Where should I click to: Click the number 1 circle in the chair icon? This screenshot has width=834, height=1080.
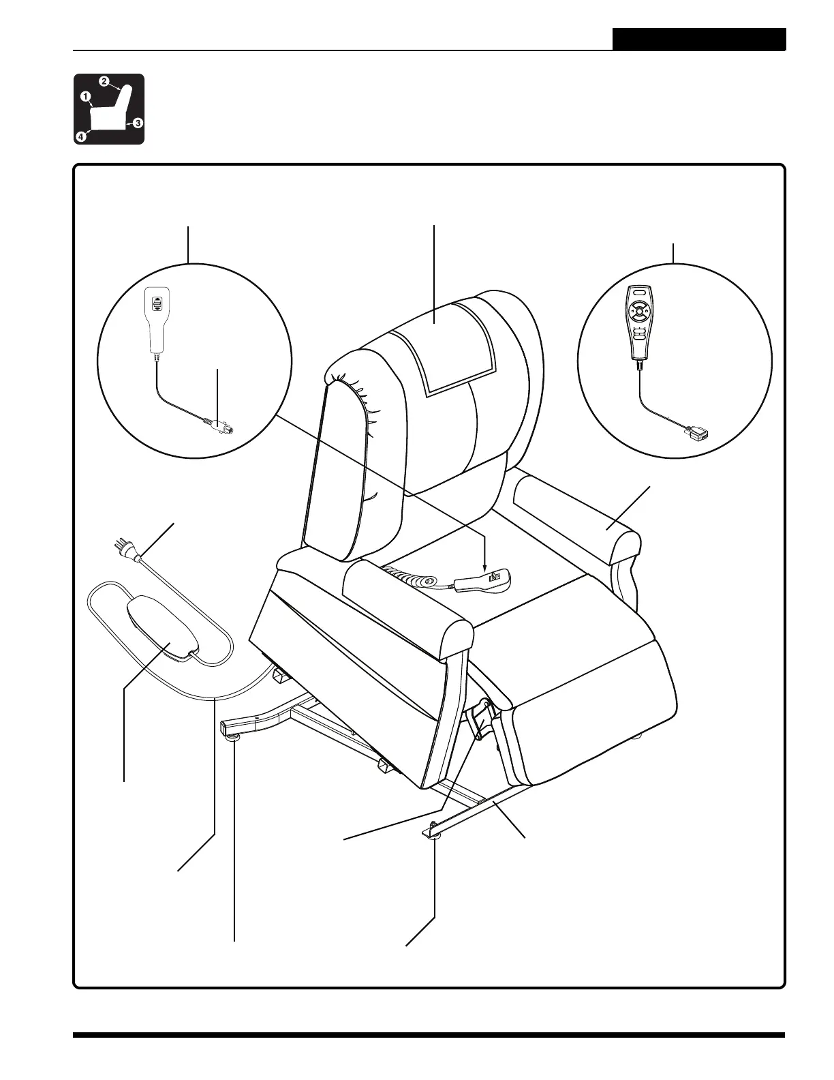[86, 97]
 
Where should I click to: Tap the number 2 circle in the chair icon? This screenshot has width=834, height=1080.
[104, 82]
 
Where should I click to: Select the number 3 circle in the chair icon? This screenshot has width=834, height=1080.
[138, 123]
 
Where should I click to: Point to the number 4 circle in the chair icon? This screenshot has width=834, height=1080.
[80, 136]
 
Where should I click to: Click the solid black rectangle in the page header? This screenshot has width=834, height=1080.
[698, 40]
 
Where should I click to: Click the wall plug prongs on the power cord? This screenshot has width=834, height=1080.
[121, 546]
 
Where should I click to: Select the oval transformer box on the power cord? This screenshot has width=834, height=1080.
[161, 625]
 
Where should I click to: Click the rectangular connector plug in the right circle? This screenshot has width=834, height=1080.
[696, 432]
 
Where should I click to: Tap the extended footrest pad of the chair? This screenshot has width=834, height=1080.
[586, 702]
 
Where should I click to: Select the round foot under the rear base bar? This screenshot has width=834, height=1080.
[233, 735]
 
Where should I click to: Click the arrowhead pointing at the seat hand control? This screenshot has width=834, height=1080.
[484, 567]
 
